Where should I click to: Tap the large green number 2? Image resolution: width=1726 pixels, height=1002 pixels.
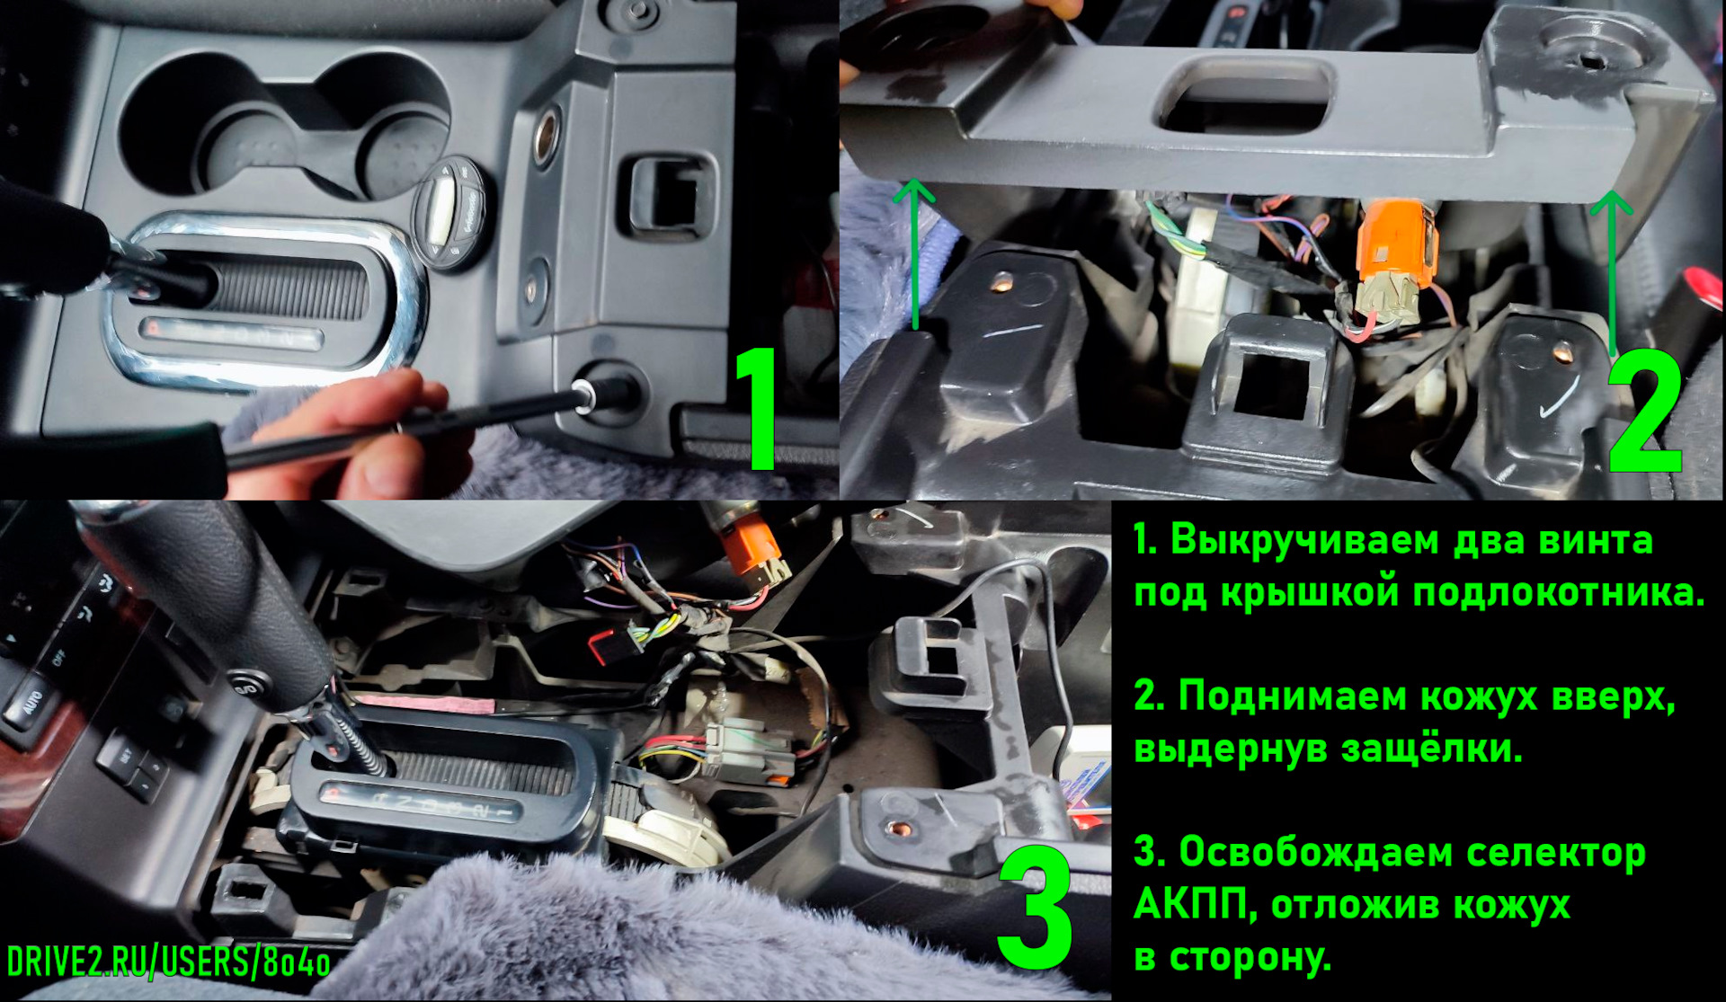(1645, 411)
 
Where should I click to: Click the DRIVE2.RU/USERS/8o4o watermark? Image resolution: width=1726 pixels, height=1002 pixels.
(168, 962)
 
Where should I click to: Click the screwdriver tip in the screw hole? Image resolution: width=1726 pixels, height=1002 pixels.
(583, 392)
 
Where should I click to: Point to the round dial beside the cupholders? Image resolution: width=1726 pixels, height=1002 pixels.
(449, 213)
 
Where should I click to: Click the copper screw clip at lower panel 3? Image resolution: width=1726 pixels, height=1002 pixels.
(895, 827)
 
